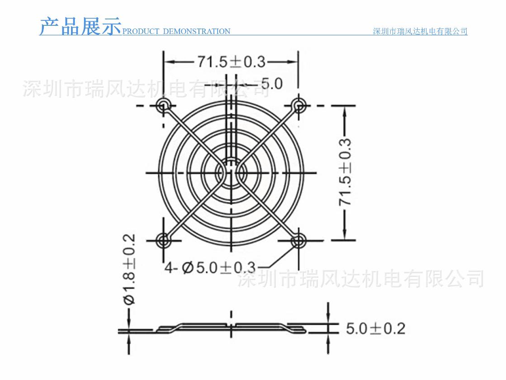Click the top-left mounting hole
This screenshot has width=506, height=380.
[x=163, y=106]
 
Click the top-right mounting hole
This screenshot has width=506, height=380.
[x=298, y=106]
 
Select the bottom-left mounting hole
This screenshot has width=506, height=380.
[x=163, y=240]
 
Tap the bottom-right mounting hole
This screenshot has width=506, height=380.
[x=298, y=240]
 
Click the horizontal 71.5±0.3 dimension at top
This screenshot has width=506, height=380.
[x=231, y=62]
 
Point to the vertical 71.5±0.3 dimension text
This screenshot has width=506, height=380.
[x=345, y=172]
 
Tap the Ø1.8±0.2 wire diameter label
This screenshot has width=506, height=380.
[x=129, y=269]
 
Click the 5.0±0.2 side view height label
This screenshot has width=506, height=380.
[x=375, y=328]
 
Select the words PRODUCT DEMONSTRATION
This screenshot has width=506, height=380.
[x=176, y=32]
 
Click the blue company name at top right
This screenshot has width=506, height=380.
[x=420, y=31]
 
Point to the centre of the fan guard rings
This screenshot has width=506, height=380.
[x=231, y=172]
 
